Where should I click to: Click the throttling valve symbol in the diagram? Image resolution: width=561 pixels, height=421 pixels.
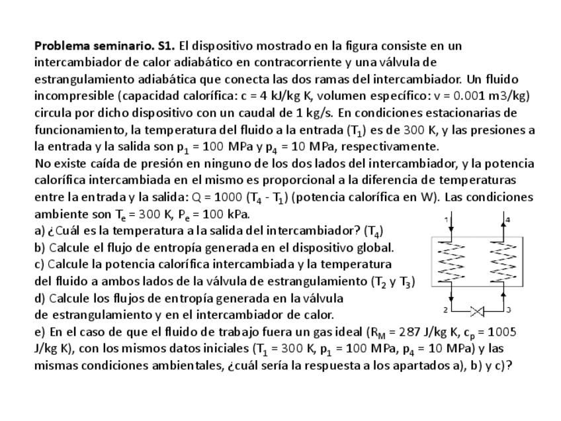click(x=478, y=310)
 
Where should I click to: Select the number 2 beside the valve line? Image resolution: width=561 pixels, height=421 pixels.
click(x=445, y=310)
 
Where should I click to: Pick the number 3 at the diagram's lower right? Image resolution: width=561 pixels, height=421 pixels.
click(x=507, y=310)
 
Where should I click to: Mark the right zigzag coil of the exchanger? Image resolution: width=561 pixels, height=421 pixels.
click(x=502, y=259)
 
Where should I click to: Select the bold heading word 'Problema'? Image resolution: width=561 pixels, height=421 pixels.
click(x=61, y=46)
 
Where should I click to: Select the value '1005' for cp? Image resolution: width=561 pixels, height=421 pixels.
click(x=503, y=332)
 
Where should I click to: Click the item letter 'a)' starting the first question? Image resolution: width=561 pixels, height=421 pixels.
click(x=39, y=230)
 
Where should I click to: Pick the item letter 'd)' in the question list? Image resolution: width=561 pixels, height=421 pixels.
click(x=40, y=298)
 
